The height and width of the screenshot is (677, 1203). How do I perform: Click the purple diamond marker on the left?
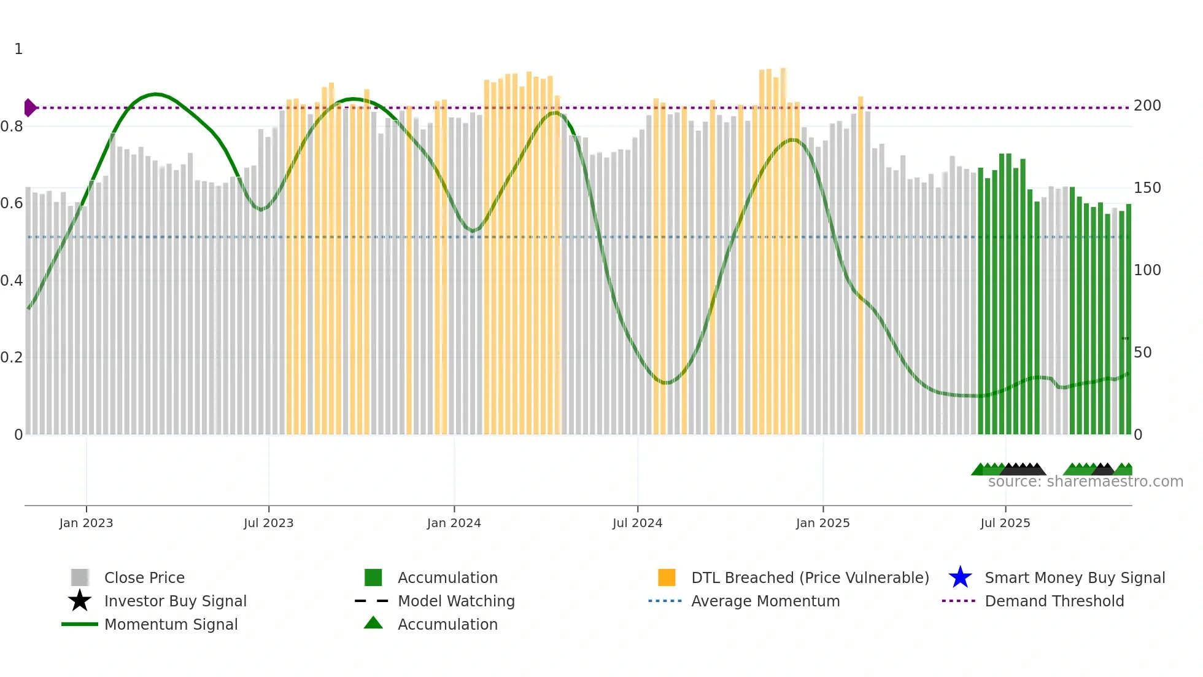(29, 108)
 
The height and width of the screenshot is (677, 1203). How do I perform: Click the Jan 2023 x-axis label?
(86, 523)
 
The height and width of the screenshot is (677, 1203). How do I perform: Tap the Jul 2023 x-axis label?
(268, 523)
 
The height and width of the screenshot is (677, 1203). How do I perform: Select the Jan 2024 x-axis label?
(454, 523)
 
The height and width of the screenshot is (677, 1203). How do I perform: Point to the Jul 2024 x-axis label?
(637, 523)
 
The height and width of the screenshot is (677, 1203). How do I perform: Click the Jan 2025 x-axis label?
(822, 523)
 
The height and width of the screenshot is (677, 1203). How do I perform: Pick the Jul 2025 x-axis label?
(1005, 523)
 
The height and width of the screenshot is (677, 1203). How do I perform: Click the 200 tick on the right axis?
(1147, 106)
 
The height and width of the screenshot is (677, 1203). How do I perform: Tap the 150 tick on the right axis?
(1147, 188)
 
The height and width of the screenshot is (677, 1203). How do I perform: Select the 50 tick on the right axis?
(1143, 353)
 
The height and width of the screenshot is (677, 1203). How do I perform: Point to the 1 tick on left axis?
(18, 49)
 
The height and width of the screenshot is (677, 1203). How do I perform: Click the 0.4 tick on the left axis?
(12, 281)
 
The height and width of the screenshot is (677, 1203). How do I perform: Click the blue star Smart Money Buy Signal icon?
(960, 577)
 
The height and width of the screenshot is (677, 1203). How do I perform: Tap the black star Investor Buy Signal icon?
(80, 601)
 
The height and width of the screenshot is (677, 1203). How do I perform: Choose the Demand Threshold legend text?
(1054, 601)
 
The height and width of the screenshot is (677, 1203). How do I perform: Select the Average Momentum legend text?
(765, 601)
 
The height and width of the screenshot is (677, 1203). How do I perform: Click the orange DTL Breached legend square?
(667, 577)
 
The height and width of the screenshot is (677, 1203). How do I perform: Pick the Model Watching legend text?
(456, 601)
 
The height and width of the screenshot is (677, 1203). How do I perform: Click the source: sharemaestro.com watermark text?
(1085, 482)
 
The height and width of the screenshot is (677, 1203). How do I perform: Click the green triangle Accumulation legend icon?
(373, 624)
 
